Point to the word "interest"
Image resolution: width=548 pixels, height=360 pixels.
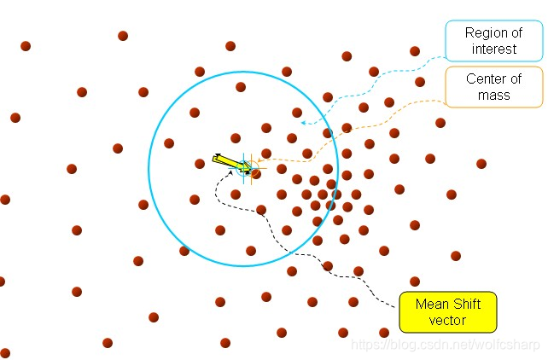[x=493, y=49]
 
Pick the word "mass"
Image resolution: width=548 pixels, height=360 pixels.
[x=494, y=96]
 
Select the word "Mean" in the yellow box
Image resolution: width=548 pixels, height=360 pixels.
[x=432, y=304]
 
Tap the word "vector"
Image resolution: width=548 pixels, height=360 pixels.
[x=449, y=322]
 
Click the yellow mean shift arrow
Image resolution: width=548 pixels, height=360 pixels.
[x=232, y=162]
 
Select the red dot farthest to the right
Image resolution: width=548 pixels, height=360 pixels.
[x=481, y=164]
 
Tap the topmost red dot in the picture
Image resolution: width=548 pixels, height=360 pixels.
[x=123, y=36]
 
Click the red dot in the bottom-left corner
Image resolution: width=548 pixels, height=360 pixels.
[x=5, y=353]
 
